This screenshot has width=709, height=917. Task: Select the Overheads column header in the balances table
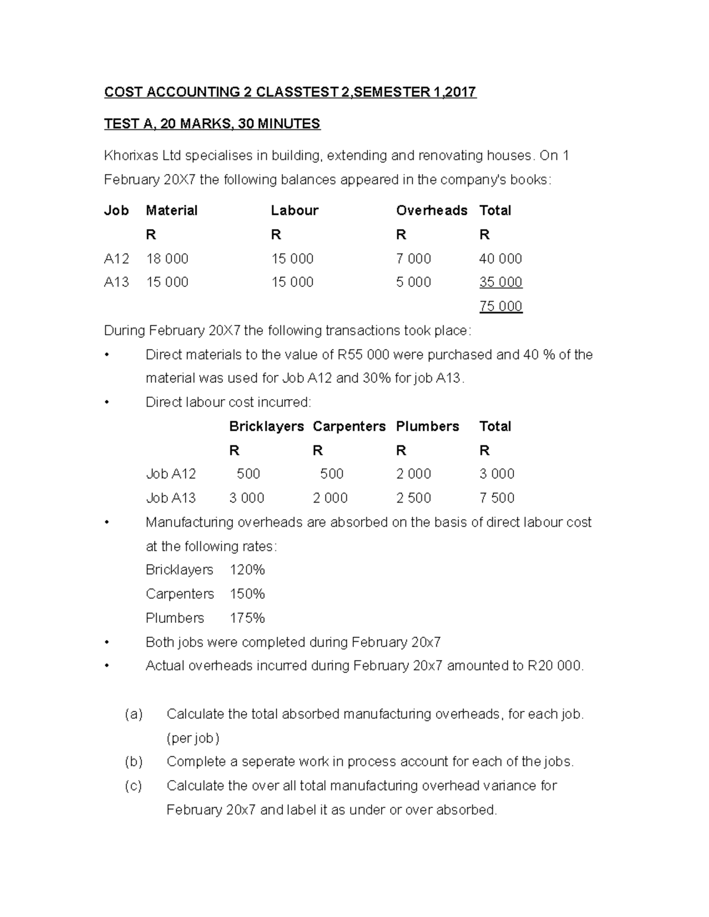coord(431,211)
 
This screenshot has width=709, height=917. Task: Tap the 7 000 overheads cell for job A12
coord(414,259)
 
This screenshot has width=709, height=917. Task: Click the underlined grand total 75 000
coord(500,306)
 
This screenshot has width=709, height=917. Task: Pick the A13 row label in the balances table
coord(116,282)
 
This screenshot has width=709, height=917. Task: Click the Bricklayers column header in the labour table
coord(266,426)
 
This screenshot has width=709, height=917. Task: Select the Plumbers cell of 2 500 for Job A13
coord(414,498)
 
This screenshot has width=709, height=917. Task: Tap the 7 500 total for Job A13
coord(497,498)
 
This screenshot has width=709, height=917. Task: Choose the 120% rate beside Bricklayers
coord(247,570)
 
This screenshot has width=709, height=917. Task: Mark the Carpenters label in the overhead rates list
coord(180,594)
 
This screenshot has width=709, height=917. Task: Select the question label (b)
coord(134,762)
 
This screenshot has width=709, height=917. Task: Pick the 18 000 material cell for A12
coord(167,259)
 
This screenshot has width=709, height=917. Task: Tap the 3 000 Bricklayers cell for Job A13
coord(247,498)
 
